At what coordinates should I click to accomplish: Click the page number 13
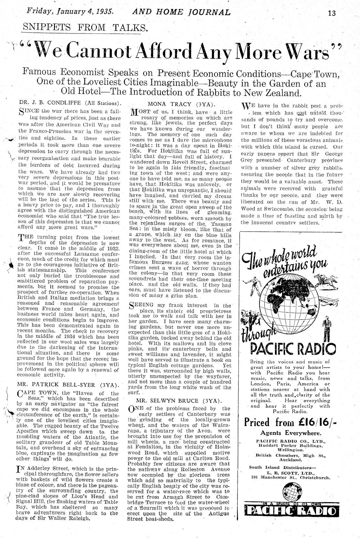pyautogui.click(x=331, y=13)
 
